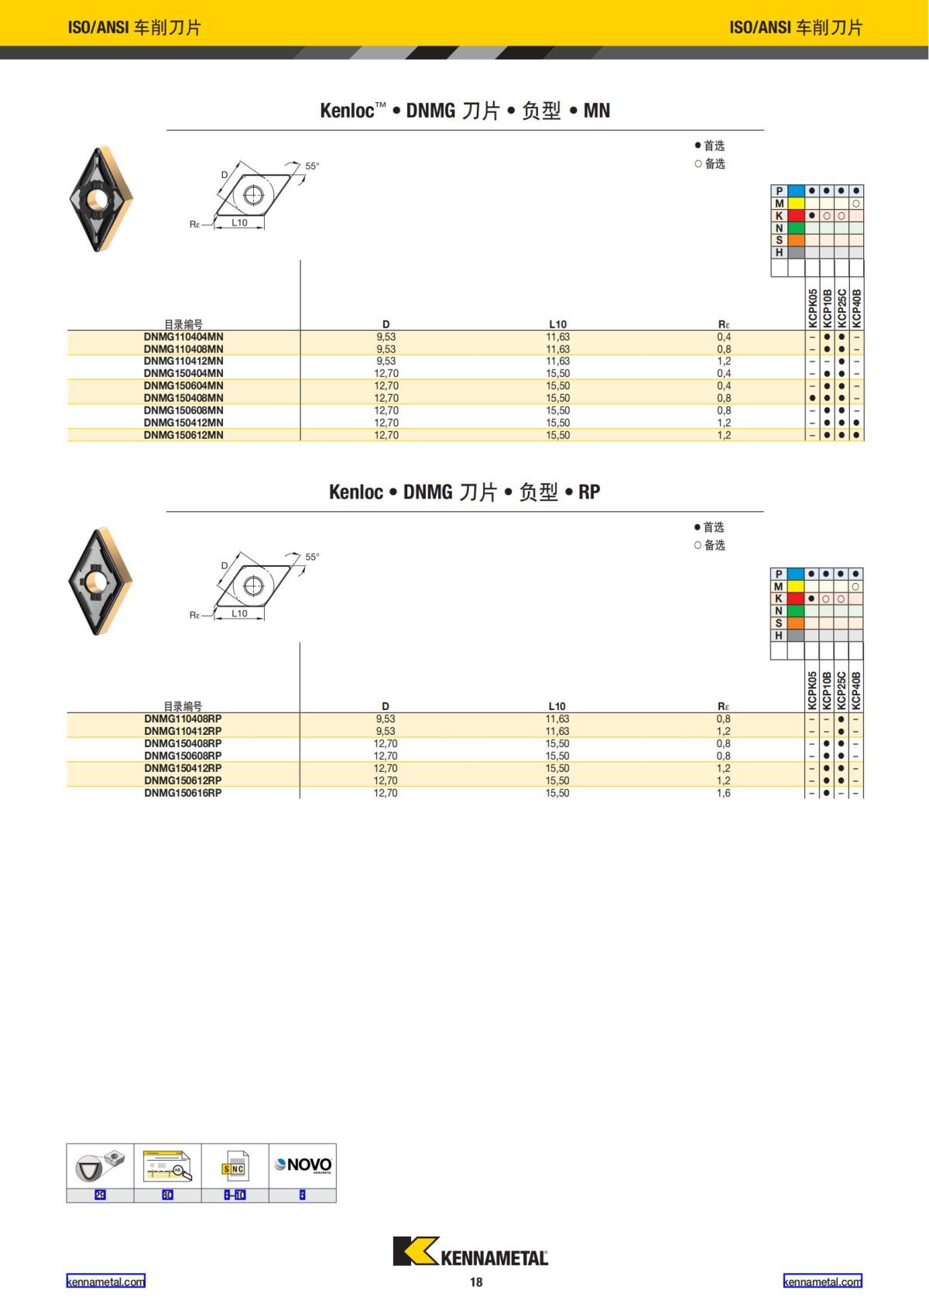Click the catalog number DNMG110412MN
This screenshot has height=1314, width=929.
[x=183, y=361]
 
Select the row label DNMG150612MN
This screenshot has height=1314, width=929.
[x=183, y=435]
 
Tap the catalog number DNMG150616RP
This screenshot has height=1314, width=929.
[x=183, y=793]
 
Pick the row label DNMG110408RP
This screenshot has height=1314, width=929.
[x=183, y=719]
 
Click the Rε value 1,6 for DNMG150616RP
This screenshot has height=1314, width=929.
[x=723, y=793]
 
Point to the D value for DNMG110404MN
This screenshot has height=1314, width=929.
[x=386, y=337]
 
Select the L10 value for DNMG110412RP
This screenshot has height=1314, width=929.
[x=557, y=731]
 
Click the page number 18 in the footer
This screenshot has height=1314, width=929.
[x=476, y=1282]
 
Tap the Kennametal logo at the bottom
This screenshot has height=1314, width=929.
[x=470, y=1252]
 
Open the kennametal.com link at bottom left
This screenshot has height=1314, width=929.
[x=105, y=1281]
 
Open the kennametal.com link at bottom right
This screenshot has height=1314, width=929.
[x=822, y=1281]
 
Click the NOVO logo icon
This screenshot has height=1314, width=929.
[x=303, y=1165]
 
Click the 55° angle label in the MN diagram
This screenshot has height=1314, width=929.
[x=312, y=166]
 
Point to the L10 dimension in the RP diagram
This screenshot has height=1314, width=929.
[x=240, y=613]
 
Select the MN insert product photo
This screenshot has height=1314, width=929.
[x=101, y=198]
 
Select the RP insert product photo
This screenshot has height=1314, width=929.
[x=101, y=581]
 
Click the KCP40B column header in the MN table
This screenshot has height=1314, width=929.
[x=856, y=307]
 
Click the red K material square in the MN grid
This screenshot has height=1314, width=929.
[x=797, y=215]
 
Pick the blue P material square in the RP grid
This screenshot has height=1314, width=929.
[x=796, y=574]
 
